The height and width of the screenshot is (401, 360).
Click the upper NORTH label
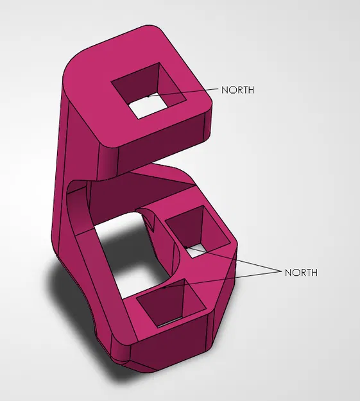pos(237,90)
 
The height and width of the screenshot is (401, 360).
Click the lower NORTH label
pos(301,273)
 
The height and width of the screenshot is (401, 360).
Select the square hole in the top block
pos(149,94)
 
